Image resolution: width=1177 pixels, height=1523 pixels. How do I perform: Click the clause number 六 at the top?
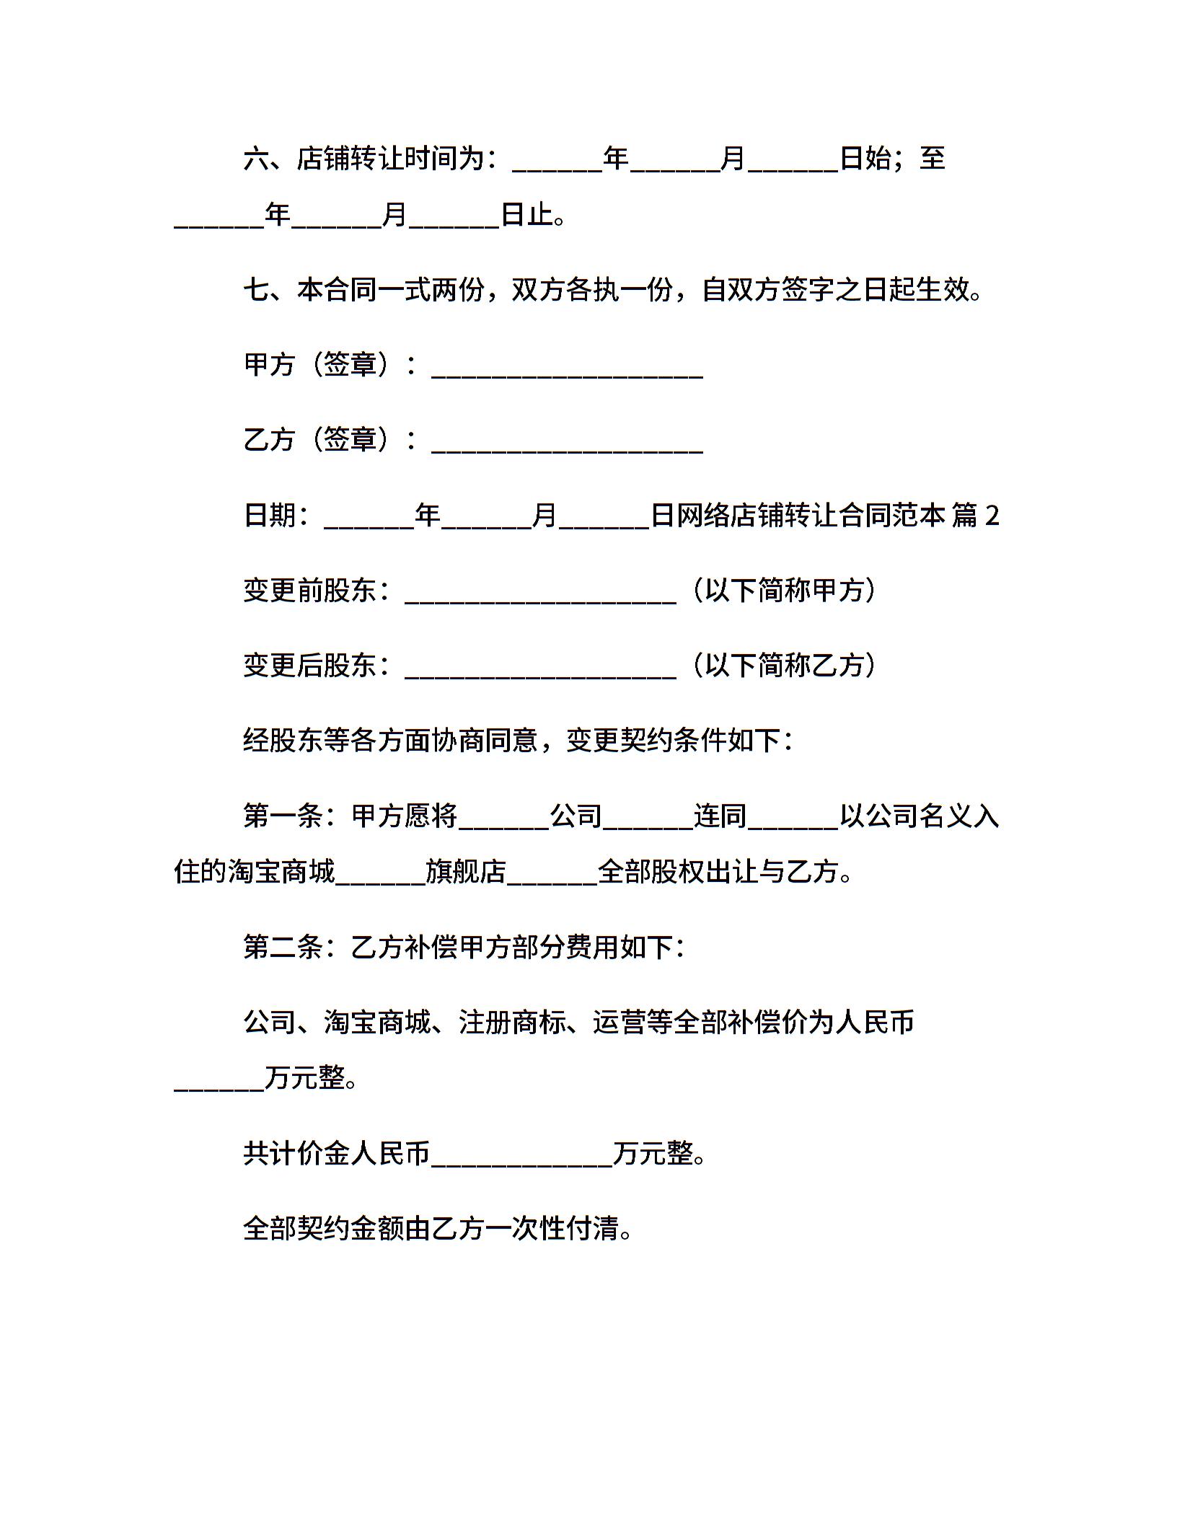pyautogui.click(x=256, y=159)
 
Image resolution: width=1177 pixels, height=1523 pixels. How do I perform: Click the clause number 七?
pyautogui.click(x=256, y=290)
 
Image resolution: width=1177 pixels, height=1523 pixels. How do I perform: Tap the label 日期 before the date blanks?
pyautogui.click(x=270, y=515)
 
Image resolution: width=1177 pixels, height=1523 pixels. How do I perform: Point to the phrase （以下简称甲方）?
pyautogui.click(x=784, y=591)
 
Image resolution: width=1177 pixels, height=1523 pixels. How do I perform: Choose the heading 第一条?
pyautogui.click(x=283, y=816)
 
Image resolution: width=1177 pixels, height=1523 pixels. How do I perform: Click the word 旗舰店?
pyautogui.click(x=466, y=873)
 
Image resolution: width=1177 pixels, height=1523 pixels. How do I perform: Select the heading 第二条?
pyautogui.click(x=283, y=948)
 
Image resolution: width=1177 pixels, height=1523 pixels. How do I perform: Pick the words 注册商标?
pyautogui.click(x=512, y=1023)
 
